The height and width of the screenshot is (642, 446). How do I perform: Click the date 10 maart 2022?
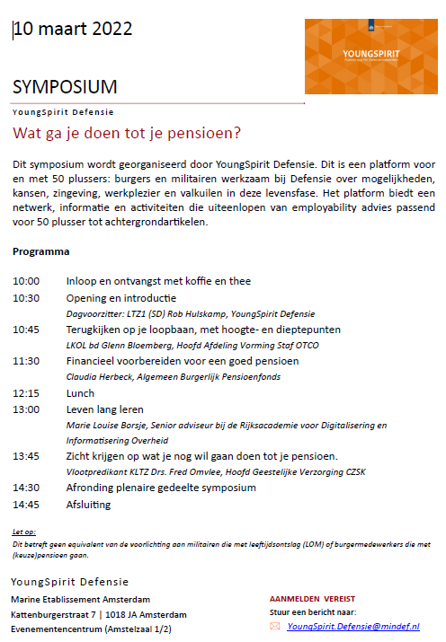pos(73,29)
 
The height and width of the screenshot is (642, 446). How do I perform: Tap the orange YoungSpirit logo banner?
pos(365,56)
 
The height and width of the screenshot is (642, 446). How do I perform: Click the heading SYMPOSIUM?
pos(65,87)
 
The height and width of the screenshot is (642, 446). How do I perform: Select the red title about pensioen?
pos(127,134)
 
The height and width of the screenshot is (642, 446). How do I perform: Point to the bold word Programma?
pos(40,251)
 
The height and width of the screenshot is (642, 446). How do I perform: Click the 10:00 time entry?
pos(26,281)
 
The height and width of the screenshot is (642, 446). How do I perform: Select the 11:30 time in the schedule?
pos(26,361)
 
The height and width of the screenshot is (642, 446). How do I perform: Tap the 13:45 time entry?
pos(26,456)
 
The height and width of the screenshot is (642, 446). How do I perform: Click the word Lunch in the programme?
pos(81,393)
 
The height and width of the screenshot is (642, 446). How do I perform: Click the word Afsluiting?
pos(88,505)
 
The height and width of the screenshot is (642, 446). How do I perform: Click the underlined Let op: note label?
pos(24,532)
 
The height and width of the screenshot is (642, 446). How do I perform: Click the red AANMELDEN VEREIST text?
pos(312,598)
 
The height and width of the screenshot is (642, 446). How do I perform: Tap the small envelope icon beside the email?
pos(275,627)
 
